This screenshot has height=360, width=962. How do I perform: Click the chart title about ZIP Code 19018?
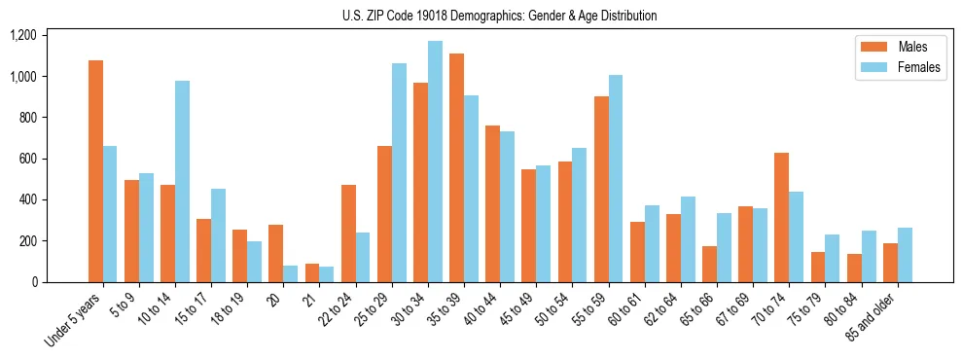coord(499,16)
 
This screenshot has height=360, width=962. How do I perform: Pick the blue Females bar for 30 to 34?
coord(435,162)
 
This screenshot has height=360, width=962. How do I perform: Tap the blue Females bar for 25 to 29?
coord(399,172)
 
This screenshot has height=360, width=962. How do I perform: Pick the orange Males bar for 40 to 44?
coord(492,203)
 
